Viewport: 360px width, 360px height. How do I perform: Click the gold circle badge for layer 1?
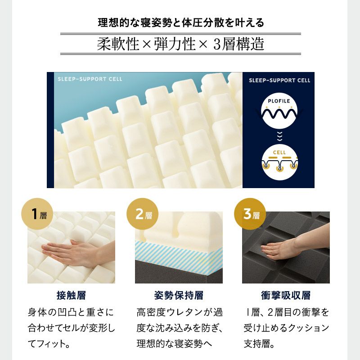(x=37, y=214)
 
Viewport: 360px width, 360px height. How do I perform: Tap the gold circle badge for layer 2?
(x=142, y=214)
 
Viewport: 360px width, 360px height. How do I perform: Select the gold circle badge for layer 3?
(x=250, y=214)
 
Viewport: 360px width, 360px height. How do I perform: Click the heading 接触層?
(x=71, y=295)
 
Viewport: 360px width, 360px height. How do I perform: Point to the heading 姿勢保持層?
(x=179, y=295)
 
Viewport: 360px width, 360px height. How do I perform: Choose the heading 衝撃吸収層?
(x=286, y=295)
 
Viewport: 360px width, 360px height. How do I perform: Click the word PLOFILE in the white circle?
(x=279, y=101)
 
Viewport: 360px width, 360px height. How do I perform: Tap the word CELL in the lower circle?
(x=279, y=153)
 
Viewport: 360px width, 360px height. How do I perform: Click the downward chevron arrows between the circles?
(x=279, y=136)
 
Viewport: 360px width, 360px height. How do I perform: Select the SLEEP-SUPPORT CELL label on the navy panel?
(x=279, y=81)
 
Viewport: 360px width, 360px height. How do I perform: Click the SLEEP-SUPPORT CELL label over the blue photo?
(x=90, y=79)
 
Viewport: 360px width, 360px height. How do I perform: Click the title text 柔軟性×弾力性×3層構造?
(x=180, y=44)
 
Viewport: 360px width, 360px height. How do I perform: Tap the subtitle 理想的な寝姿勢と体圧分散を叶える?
(x=181, y=23)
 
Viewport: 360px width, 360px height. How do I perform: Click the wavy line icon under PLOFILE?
(x=279, y=113)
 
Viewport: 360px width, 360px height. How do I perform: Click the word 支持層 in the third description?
(x=256, y=344)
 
